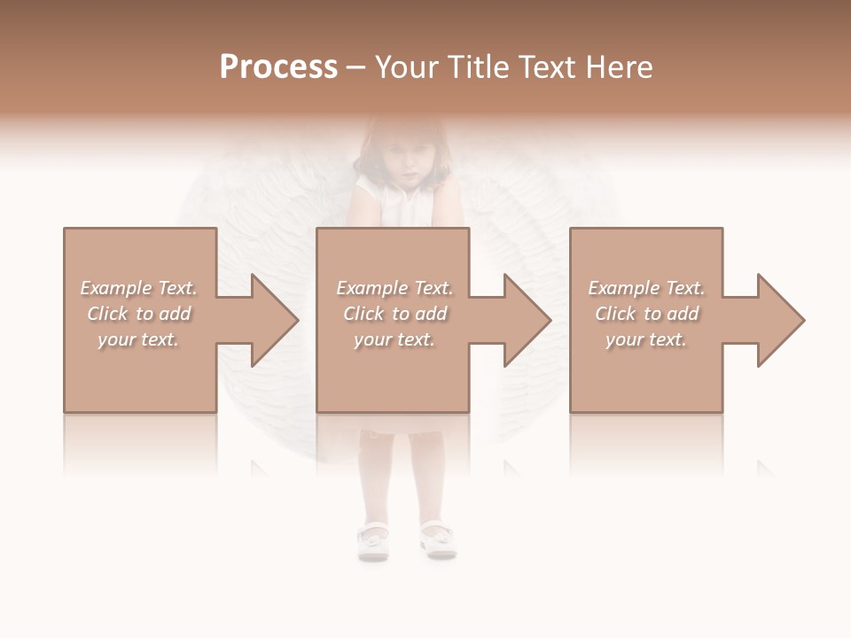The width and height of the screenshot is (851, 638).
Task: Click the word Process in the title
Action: click(278, 67)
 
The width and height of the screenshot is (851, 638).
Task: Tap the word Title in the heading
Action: click(476, 67)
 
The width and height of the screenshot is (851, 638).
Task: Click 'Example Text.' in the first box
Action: click(138, 288)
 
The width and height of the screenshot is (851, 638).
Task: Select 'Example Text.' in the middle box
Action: click(394, 288)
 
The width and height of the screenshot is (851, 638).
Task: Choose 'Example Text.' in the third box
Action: click(646, 288)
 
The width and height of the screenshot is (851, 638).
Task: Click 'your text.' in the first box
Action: click(138, 339)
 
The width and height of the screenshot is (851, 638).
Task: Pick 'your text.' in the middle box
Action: click(394, 339)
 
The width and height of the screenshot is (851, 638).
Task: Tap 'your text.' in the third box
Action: click(646, 339)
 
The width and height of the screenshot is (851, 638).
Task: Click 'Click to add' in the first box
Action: click(138, 314)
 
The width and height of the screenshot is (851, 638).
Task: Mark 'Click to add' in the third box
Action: click(646, 314)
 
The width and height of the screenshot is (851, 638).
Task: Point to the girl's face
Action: click(404, 162)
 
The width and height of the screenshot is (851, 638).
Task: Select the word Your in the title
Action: click(407, 67)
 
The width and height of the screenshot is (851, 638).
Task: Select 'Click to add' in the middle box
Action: click(394, 314)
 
